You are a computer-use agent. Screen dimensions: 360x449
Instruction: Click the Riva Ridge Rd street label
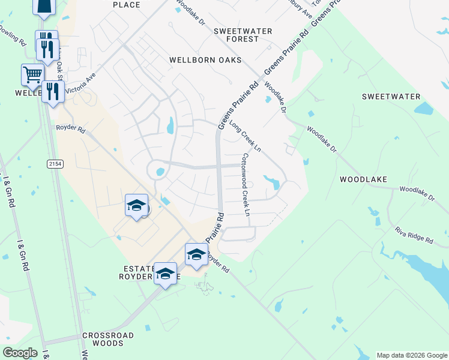[x=414, y=235]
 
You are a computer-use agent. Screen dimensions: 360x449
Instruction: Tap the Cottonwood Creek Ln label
[x=245, y=184]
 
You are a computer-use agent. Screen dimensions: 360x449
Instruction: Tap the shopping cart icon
[x=32, y=75]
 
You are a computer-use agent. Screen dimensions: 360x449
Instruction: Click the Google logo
[x=20, y=353]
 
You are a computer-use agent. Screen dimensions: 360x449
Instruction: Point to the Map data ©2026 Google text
[x=411, y=355]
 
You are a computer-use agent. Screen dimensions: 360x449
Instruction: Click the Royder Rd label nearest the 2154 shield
[x=71, y=128]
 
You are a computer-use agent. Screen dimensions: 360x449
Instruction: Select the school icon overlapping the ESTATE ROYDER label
[x=166, y=274]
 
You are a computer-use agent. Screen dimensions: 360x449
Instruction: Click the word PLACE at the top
[x=126, y=5]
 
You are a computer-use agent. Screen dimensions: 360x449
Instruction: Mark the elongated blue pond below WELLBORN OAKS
[x=170, y=125]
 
